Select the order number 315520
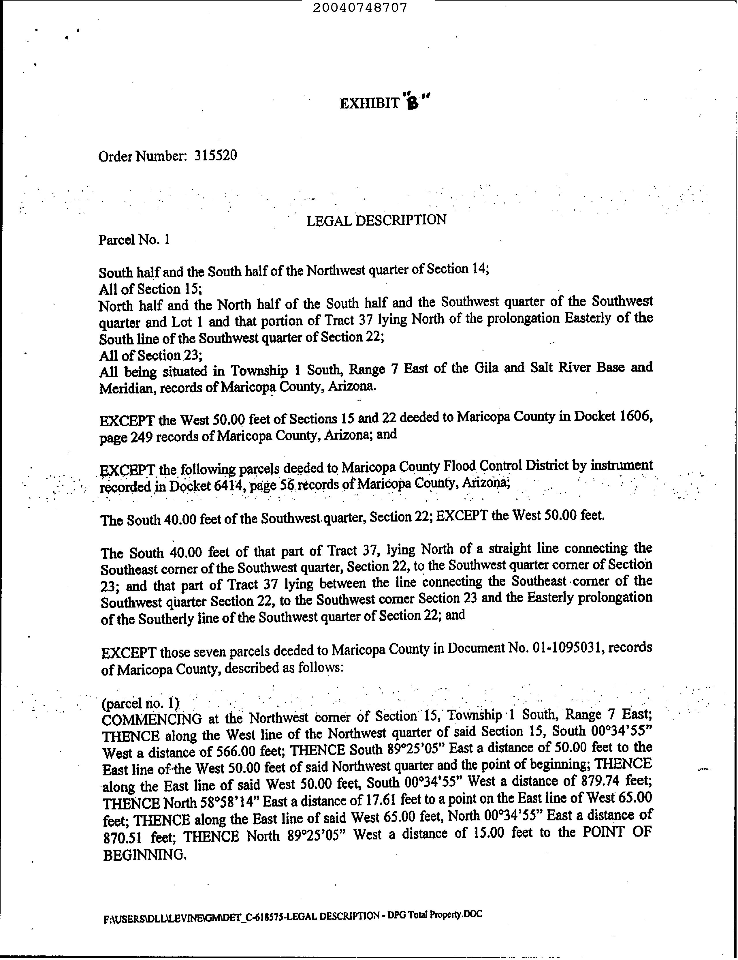point(215,155)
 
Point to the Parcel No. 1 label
point(134,240)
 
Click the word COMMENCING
point(152,719)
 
